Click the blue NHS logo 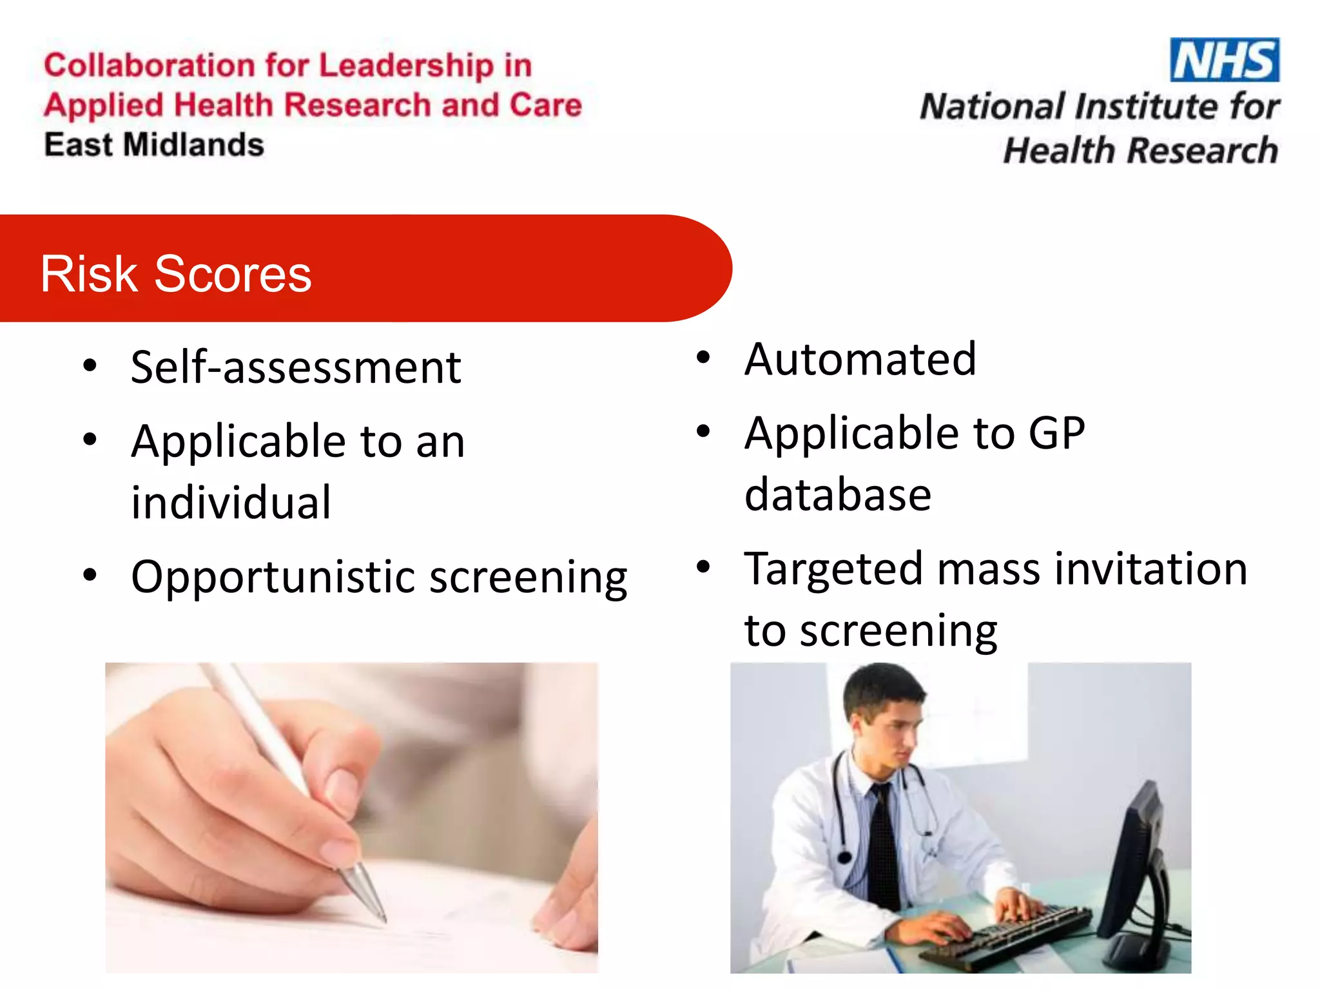1224,60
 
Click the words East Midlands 154,144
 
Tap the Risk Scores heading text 176,274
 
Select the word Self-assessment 296,367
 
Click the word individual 231,503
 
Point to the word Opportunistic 273,577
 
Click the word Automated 860,359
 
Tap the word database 838,495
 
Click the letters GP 1056,433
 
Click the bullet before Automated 703,358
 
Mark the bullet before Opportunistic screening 90,574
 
